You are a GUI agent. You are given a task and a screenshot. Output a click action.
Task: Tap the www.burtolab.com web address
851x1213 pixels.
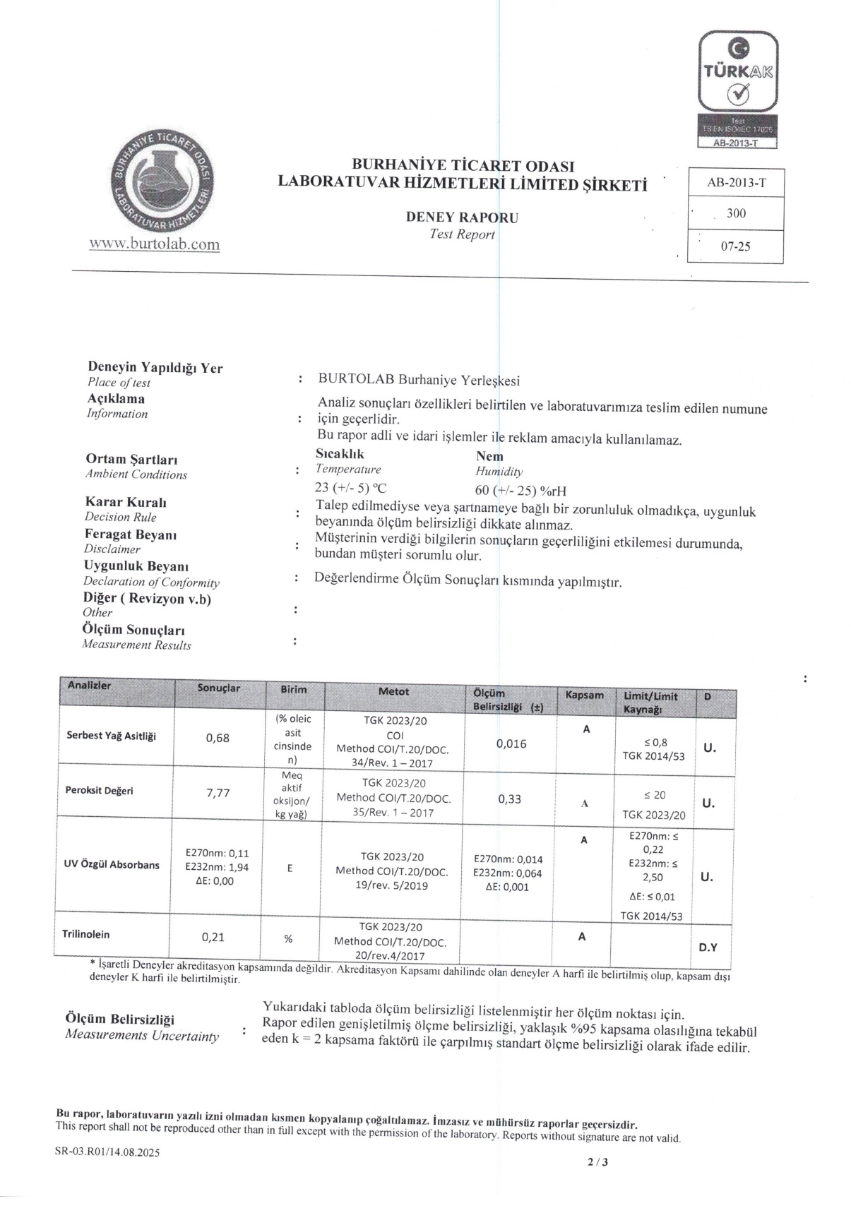tap(155, 244)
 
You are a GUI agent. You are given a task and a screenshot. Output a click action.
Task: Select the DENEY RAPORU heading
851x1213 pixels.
tap(462, 217)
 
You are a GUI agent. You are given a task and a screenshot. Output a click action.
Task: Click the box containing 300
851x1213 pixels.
tap(735, 213)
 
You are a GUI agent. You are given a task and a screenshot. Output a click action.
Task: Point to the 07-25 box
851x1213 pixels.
tap(735, 247)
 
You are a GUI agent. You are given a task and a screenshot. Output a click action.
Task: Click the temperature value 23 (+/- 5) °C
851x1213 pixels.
tap(351, 487)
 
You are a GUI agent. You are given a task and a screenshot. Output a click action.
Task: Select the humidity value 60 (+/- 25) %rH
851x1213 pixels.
tap(520, 491)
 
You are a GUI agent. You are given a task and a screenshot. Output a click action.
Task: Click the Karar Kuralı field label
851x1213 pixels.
tap(126, 502)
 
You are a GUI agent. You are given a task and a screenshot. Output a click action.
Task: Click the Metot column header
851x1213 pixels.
tap(393, 692)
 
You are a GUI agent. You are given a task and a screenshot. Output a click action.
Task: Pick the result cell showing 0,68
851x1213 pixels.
tap(218, 738)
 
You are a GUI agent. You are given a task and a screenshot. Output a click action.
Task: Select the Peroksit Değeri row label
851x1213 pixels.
tap(99, 790)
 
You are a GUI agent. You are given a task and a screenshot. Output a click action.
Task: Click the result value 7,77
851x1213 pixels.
tap(218, 793)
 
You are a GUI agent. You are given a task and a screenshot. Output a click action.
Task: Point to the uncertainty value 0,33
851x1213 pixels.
tap(509, 799)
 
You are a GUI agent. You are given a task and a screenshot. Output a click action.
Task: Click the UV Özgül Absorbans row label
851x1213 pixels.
tap(112, 865)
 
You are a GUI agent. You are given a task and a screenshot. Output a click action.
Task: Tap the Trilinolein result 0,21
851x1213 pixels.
tap(213, 938)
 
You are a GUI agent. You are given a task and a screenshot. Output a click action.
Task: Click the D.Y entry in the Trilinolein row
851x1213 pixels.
tap(708, 947)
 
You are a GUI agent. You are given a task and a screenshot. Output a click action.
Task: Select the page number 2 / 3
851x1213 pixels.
tap(597, 1163)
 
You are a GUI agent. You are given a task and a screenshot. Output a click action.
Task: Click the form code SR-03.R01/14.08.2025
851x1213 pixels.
tap(107, 1153)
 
